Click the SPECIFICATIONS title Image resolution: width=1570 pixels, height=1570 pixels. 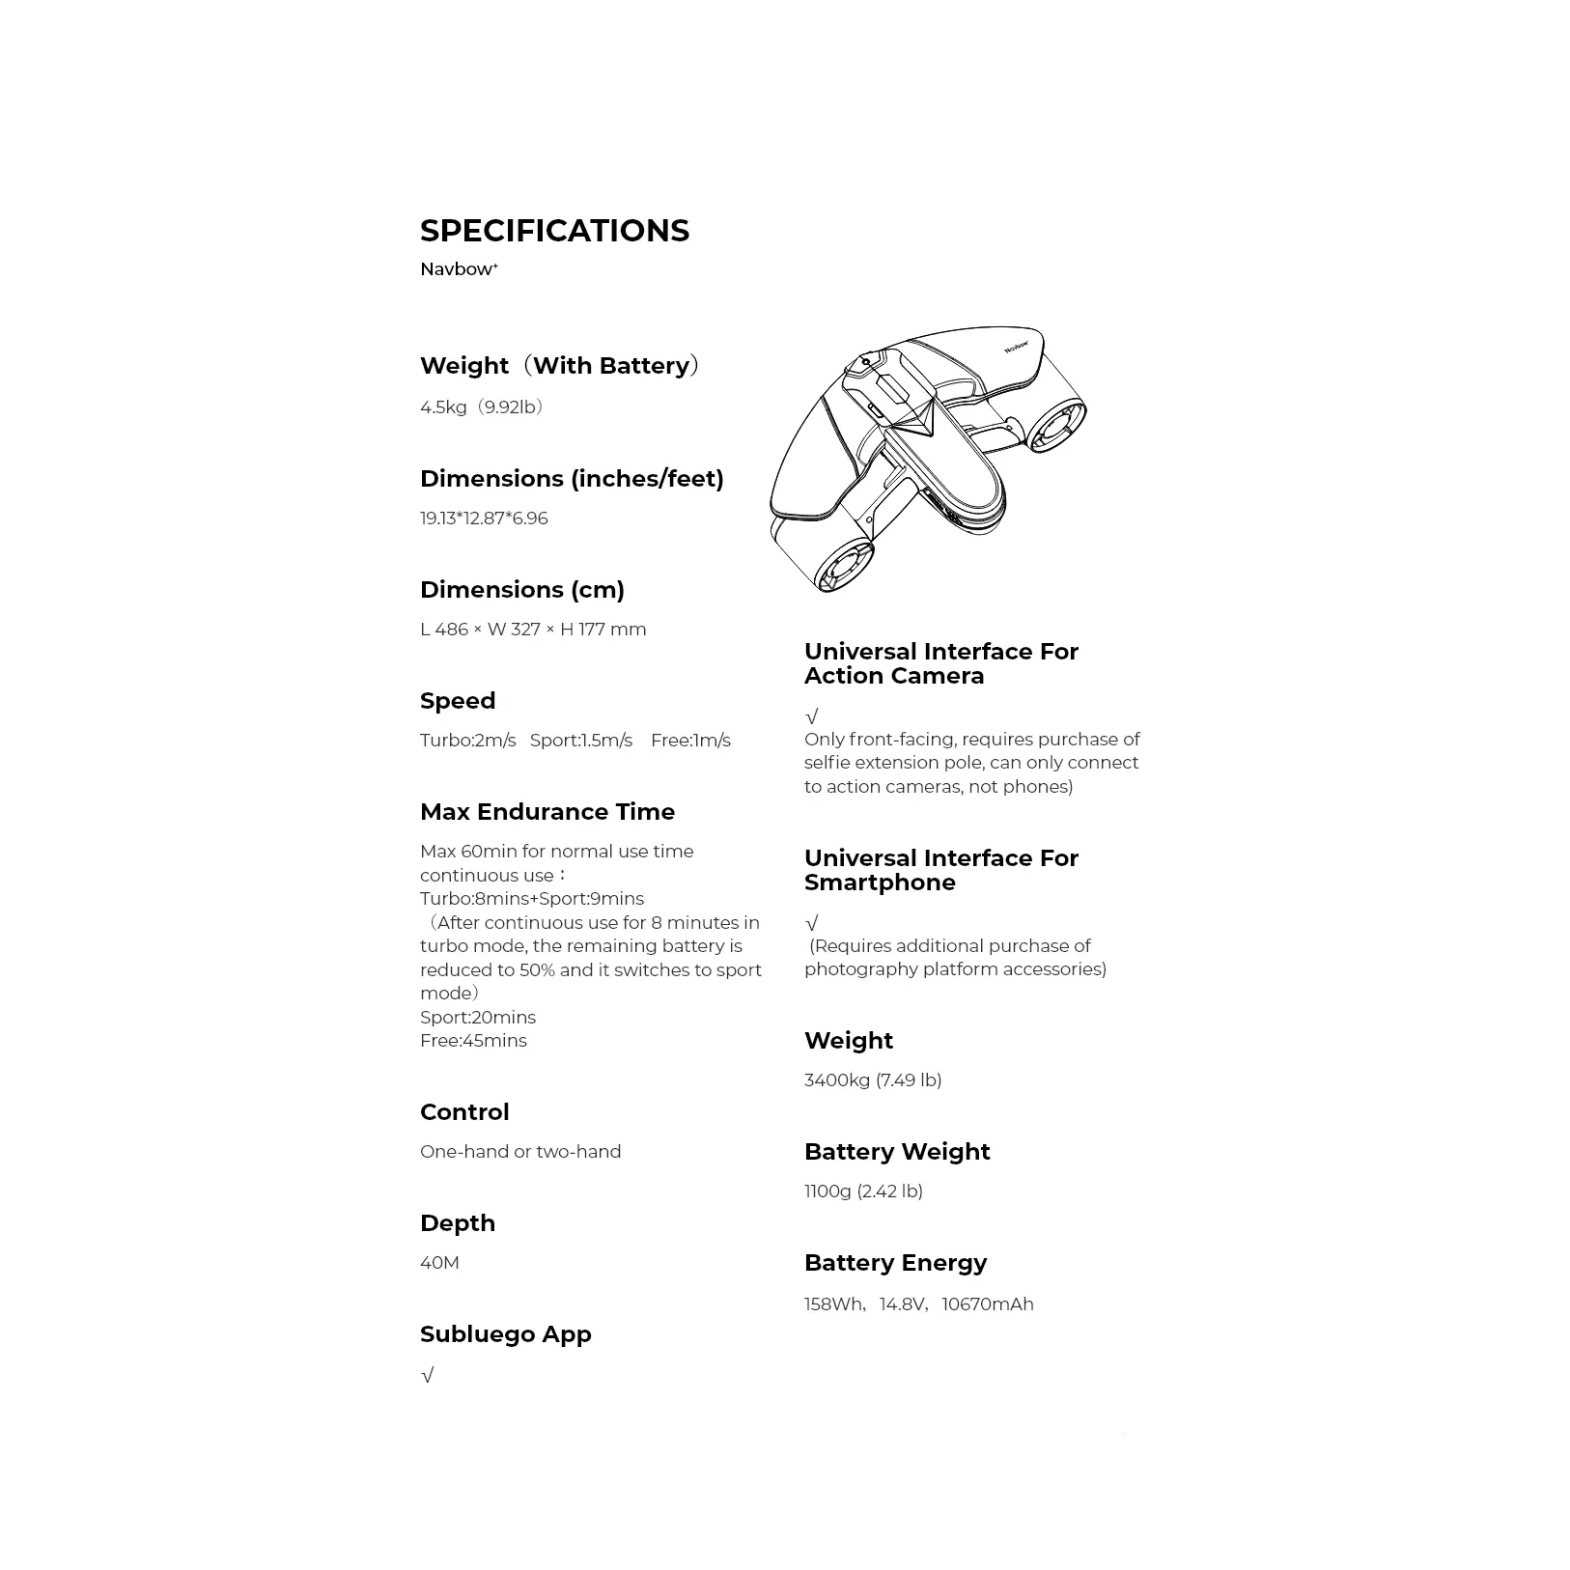tap(554, 231)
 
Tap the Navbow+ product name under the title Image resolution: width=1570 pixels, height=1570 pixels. tap(459, 269)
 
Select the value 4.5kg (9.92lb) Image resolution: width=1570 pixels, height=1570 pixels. tap(482, 407)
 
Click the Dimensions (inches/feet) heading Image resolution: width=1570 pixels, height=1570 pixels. tap(572, 479)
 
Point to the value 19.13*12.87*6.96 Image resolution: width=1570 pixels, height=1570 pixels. tap(484, 519)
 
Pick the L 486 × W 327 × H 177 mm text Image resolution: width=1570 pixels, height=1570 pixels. tap(533, 630)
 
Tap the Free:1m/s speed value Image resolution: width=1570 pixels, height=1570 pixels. tap(690, 741)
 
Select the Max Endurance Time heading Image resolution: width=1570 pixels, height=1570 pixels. tap(547, 812)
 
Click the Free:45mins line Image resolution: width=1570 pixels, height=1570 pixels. tap(473, 1041)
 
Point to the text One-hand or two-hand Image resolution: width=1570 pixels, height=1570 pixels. tap(520, 1152)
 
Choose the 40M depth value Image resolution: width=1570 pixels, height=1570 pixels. tap(439, 1263)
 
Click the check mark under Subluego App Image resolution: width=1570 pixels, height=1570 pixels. tap(428, 1375)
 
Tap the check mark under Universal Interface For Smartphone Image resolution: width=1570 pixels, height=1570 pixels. tap(812, 923)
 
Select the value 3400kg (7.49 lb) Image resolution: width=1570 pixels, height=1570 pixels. tap(873, 1080)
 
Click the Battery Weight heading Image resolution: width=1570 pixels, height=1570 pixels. tap(897, 1152)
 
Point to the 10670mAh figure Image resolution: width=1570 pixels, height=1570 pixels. tap(987, 1304)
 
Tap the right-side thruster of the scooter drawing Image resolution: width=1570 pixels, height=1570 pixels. tap(1057, 426)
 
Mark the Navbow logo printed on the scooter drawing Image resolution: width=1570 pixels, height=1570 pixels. tap(1016, 345)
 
